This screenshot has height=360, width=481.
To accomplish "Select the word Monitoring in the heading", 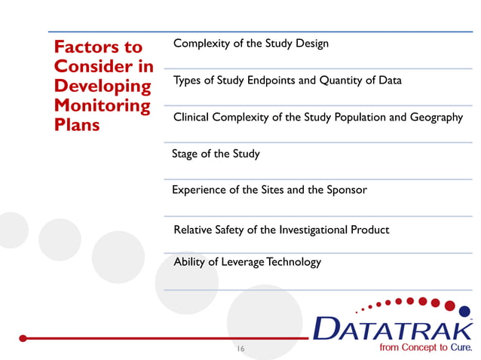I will pos(102,105).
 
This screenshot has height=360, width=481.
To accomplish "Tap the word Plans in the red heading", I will pos(76,124).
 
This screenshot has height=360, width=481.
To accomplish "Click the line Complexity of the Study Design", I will pos(250,44).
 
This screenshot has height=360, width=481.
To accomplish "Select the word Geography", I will pos(436,117).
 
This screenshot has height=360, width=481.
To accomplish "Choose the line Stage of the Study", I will pos(216,154).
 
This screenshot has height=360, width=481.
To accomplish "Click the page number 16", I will pos(240,349).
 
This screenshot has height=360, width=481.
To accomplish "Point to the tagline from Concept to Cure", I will pos(426,348).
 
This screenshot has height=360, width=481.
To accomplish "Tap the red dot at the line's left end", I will pos(24,338).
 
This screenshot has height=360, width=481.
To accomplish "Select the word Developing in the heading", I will pos(102,86).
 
